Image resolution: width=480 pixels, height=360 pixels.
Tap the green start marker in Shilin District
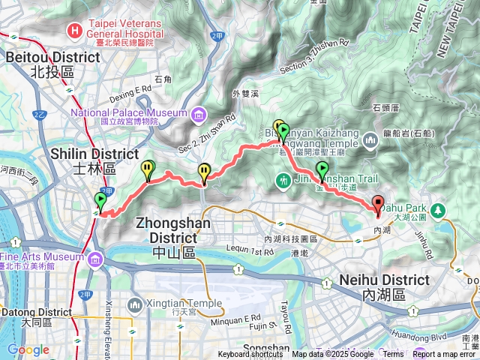pos(100,201)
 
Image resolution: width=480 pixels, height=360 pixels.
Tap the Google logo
pos(28,349)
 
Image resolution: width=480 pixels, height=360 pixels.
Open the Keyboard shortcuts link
pos(250,355)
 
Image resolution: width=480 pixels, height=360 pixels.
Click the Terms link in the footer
pos(393,355)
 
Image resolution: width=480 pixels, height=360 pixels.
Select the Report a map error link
pos(444,355)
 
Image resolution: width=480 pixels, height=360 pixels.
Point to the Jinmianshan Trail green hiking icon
pos(283,180)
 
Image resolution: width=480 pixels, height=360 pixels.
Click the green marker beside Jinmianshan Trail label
pos(322,171)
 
